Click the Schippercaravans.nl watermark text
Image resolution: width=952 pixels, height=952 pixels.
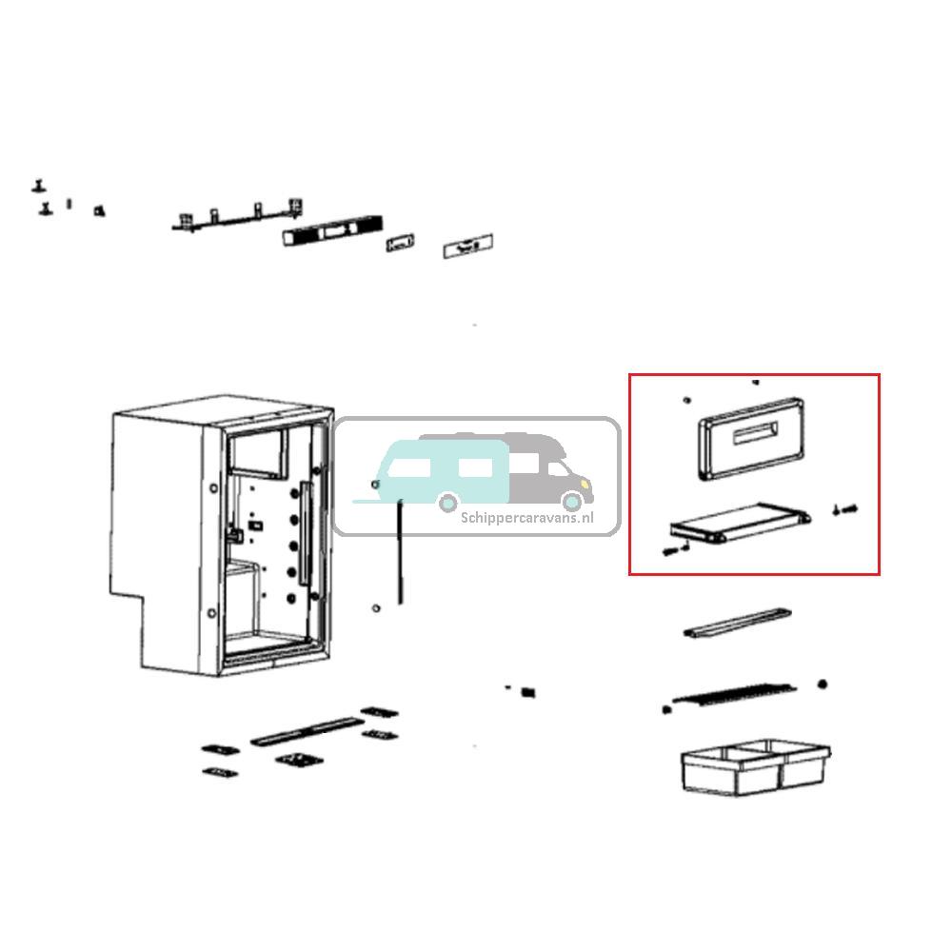pyautogui.click(x=526, y=518)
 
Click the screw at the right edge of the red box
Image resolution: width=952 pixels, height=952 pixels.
pyautogui.click(x=844, y=509)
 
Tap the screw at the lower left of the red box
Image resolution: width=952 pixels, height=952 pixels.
pyautogui.click(x=675, y=549)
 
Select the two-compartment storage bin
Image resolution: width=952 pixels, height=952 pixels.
pyautogui.click(x=755, y=765)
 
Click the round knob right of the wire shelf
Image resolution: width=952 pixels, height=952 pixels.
pyautogui.click(x=823, y=684)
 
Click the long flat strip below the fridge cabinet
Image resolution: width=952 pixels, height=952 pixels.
pyautogui.click(x=301, y=731)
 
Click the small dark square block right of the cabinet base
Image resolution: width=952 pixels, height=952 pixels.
pyautogui.click(x=529, y=691)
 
